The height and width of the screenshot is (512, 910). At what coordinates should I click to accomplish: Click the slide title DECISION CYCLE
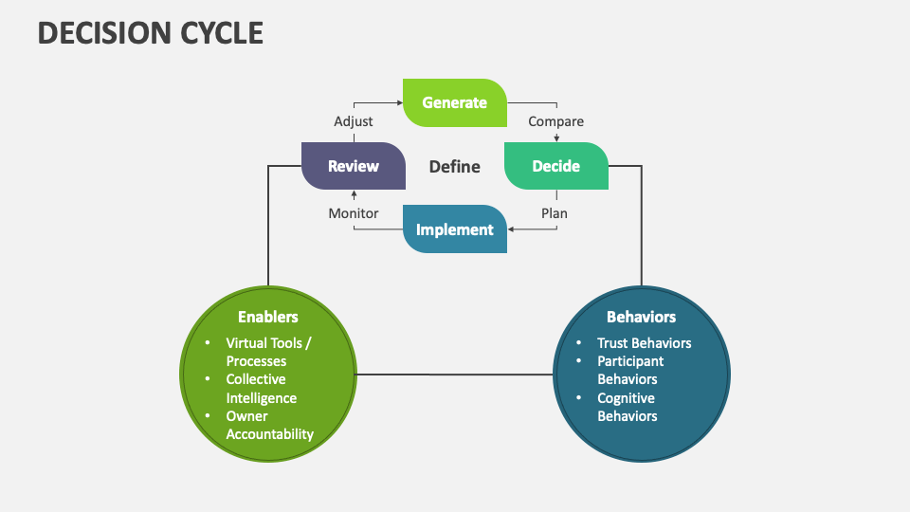pos(151,33)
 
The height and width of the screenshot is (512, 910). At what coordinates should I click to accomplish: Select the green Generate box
pos(455,102)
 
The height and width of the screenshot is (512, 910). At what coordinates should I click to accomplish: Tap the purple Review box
pos(353,166)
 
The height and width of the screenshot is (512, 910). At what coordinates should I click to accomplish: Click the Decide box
pos(555,166)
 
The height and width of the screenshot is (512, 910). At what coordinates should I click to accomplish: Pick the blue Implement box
pos(455,229)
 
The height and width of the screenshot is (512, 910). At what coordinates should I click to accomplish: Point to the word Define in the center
pos(454,167)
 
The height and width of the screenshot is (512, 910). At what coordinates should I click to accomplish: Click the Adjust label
pos(354,121)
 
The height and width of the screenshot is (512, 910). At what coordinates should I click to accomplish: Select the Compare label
pos(555,121)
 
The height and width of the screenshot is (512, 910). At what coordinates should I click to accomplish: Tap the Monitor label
pos(354,213)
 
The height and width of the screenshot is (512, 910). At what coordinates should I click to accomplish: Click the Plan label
pos(555,213)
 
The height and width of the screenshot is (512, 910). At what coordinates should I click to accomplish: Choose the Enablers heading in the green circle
pos(268,317)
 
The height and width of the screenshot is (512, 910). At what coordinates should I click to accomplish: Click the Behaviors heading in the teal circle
pos(641,317)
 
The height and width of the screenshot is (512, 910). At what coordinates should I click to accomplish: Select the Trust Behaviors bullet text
pos(644,343)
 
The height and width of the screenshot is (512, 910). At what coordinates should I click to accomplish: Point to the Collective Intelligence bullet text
pos(261,389)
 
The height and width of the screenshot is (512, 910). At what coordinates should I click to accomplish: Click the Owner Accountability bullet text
pos(269,425)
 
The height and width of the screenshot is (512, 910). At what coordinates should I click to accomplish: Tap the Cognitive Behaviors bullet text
pos(627,407)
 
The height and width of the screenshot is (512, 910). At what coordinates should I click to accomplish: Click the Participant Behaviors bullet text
pos(629,370)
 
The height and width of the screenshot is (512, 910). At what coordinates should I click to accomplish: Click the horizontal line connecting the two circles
pos(454,375)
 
